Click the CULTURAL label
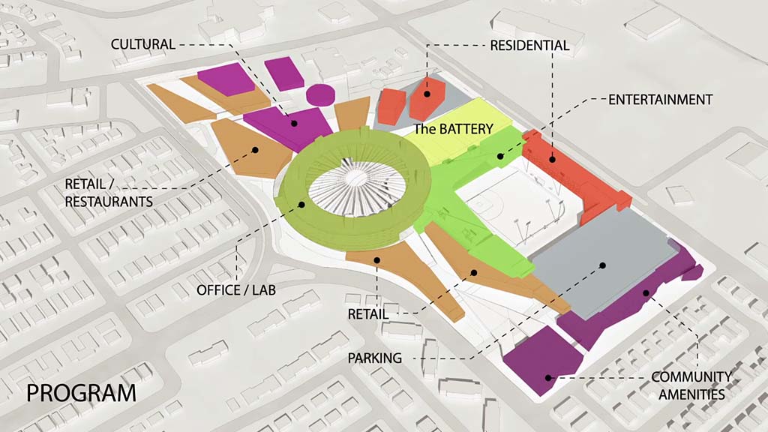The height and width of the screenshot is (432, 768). click(x=142, y=44)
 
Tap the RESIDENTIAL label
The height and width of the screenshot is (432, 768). click(x=529, y=46)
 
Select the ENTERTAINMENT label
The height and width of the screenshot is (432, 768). click(x=660, y=99)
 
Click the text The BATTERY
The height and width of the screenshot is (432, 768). click(x=454, y=129)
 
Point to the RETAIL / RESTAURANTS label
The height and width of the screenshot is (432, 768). click(x=109, y=193)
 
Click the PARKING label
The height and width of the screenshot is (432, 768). click(x=374, y=358)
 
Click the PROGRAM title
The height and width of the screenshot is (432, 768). click(x=82, y=392)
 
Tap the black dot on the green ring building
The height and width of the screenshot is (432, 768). click(x=302, y=204)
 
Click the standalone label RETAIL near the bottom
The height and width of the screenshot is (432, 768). click(x=367, y=313)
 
